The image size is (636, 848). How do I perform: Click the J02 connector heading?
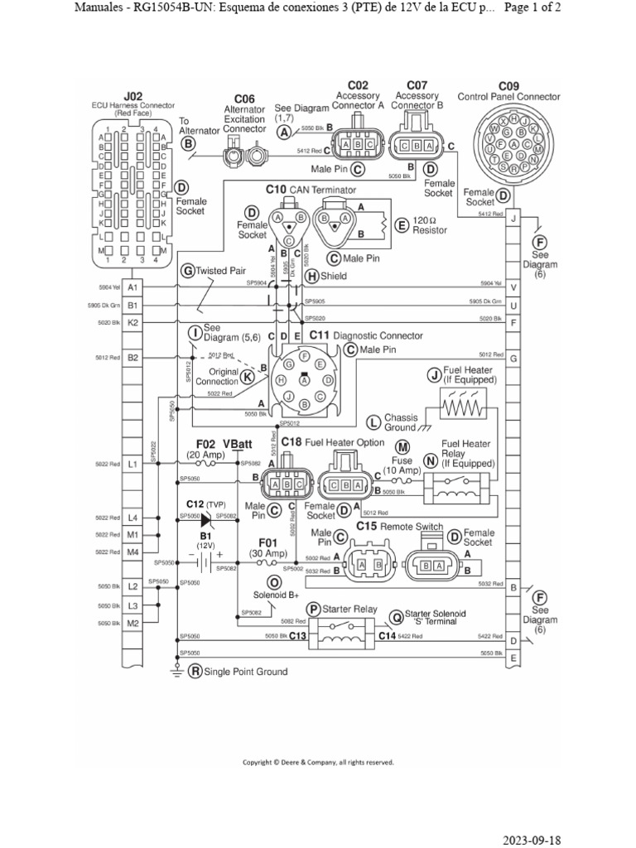tap(133, 96)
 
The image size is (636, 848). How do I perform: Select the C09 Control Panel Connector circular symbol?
tap(514, 144)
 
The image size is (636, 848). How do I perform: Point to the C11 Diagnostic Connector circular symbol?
tap(306, 378)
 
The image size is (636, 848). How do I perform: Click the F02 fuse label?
tap(205, 444)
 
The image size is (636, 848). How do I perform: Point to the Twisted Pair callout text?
tap(219, 270)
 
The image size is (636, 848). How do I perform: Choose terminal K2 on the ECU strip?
tap(133, 322)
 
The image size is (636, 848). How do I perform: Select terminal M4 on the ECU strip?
tap(133, 552)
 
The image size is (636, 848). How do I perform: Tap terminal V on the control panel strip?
tap(514, 287)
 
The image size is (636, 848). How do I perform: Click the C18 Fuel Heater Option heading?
tap(332, 442)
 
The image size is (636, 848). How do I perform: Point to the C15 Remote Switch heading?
tap(399, 526)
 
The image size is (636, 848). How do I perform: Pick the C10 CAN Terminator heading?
tap(310, 190)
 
